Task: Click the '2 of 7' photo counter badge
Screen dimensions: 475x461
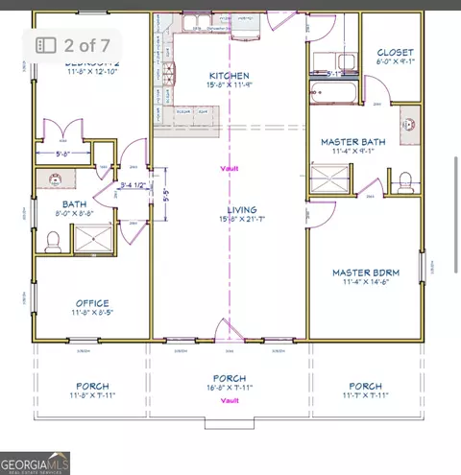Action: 74,44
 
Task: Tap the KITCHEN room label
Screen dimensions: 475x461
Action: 229,76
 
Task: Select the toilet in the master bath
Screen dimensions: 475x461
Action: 406,178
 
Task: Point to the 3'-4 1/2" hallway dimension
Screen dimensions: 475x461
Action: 133,186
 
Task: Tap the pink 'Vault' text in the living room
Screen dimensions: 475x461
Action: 229,168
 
